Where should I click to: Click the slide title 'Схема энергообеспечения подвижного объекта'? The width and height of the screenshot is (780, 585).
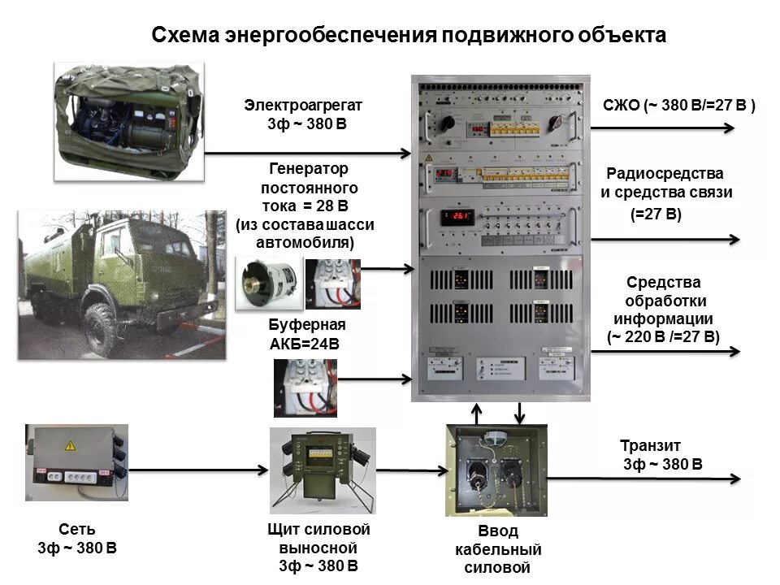(409, 36)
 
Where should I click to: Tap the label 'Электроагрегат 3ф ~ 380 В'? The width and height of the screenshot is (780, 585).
(303, 115)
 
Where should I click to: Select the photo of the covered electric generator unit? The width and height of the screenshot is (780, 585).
(128, 111)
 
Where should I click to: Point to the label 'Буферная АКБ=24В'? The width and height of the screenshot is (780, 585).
(306, 334)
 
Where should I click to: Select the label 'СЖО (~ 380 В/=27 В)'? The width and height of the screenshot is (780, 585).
(679, 105)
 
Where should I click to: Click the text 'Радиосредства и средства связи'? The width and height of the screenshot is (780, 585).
(666, 183)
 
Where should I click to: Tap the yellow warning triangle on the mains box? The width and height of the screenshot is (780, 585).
(70, 445)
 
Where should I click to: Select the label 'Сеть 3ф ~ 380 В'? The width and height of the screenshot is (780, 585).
(77, 539)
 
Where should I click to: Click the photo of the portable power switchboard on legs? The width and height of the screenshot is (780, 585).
(323, 468)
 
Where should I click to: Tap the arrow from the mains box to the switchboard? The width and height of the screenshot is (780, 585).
(199, 470)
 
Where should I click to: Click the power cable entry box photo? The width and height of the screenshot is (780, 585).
(496, 470)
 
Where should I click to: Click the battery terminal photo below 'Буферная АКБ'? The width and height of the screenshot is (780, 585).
(305, 388)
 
